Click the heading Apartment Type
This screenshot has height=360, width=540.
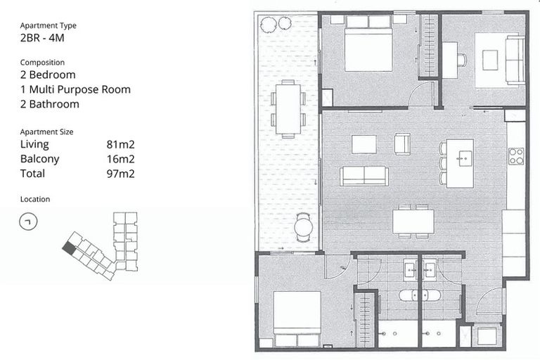(49, 25)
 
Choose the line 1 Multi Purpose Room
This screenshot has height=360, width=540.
(75, 89)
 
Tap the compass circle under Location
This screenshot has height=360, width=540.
(29, 221)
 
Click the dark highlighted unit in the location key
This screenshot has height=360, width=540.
(68, 247)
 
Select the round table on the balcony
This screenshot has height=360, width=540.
(303, 226)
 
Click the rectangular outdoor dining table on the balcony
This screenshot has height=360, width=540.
(287, 107)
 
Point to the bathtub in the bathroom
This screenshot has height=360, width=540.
(420, 295)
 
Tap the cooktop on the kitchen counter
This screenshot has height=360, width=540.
(517, 156)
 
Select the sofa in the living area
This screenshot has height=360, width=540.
(364, 176)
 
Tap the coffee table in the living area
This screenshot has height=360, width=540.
(364, 144)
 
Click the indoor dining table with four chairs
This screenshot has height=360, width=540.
(413, 221)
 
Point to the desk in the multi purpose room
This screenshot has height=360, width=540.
(449, 60)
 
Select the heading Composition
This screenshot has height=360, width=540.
(42, 63)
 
